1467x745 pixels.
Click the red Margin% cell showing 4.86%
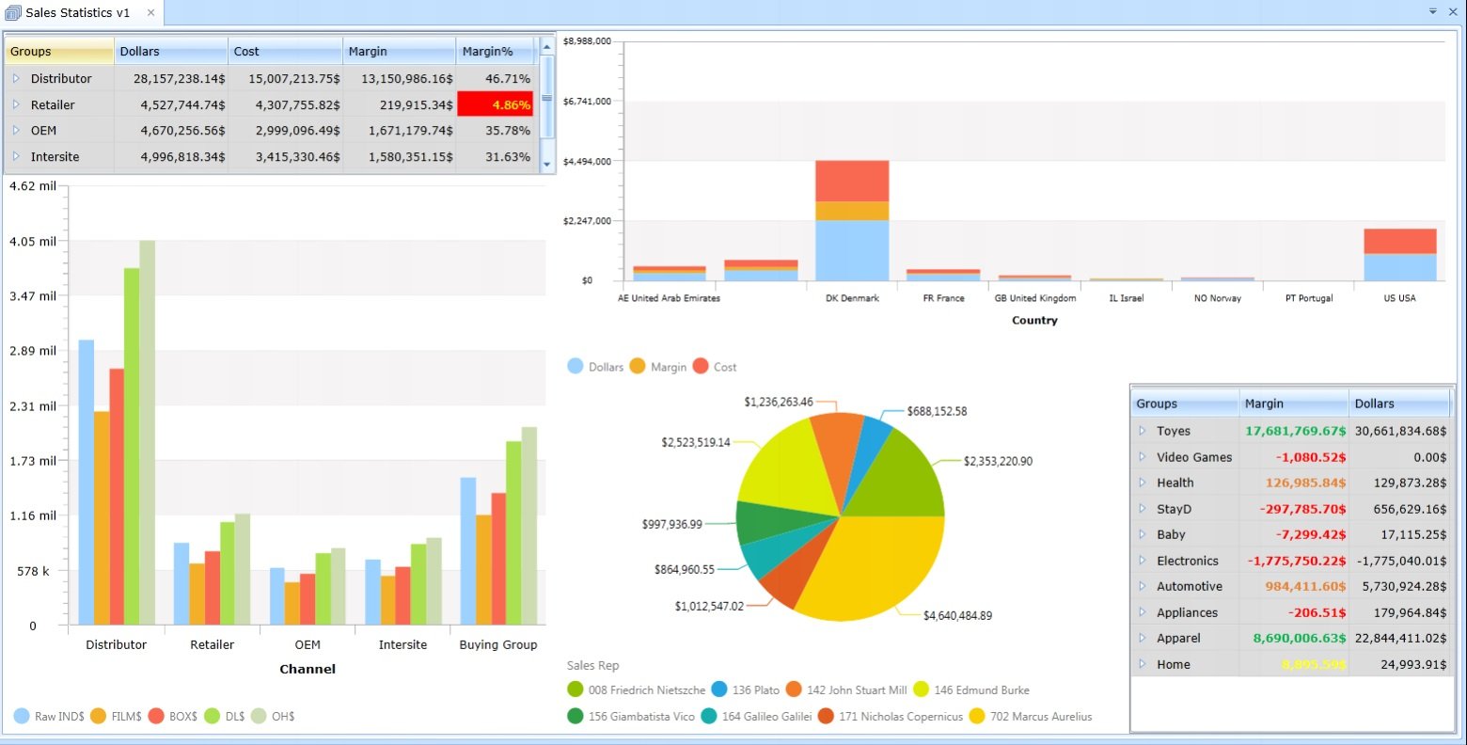click(x=495, y=104)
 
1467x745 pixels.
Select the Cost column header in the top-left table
click(x=284, y=51)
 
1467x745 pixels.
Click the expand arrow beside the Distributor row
click(x=16, y=78)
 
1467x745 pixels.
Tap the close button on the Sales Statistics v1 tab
click(x=150, y=12)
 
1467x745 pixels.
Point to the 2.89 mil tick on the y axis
click(x=33, y=351)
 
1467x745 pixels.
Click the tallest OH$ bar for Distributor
click(x=147, y=433)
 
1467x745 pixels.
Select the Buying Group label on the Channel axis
click(x=497, y=644)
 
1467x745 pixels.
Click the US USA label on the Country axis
click(x=1399, y=298)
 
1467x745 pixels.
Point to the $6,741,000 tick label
click(x=587, y=101)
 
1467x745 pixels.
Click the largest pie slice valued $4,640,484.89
click(x=875, y=564)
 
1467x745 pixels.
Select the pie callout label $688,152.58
click(x=937, y=411)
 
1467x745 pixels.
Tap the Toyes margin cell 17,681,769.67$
click(x=1294, y=431)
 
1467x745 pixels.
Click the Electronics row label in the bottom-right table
click(x=1187, y=561)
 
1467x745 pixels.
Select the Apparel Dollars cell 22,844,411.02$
click(x=1400, y=638)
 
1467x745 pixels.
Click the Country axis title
click(x=1034, y=320)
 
